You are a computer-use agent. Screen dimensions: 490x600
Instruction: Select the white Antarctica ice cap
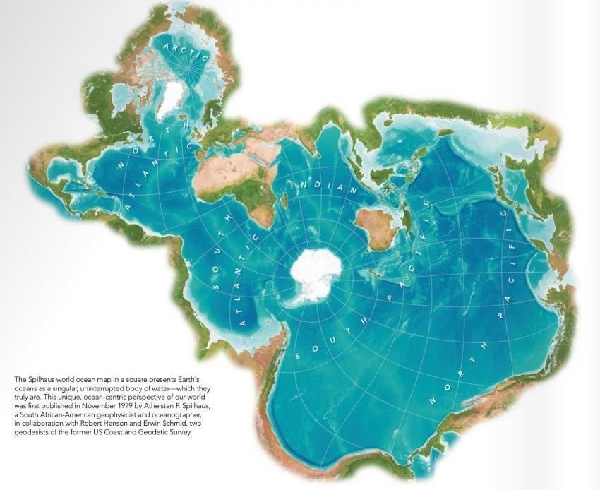pyautogui.click(x=316, y=269)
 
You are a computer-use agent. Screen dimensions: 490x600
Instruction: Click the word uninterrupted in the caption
pyautogui.click(x=96, y=388)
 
